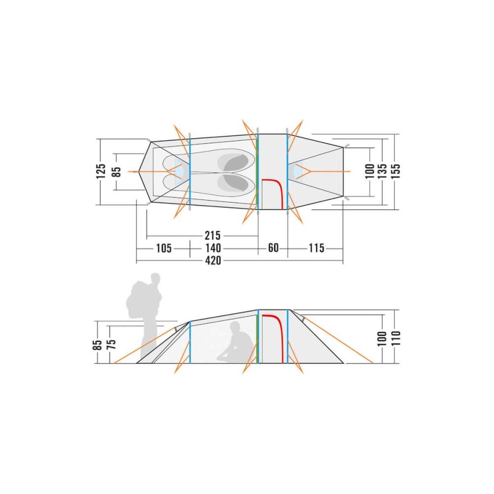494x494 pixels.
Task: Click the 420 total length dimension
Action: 213,261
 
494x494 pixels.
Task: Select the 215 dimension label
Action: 213,236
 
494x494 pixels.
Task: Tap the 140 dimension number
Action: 213,248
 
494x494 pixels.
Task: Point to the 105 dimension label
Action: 164,248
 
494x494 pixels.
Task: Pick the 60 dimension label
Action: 273,248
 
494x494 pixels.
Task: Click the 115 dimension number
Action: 316,248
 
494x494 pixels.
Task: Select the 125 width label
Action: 101,171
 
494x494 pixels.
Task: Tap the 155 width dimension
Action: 395,171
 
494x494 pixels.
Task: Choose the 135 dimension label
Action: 382,171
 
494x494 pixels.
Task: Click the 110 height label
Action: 395,338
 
